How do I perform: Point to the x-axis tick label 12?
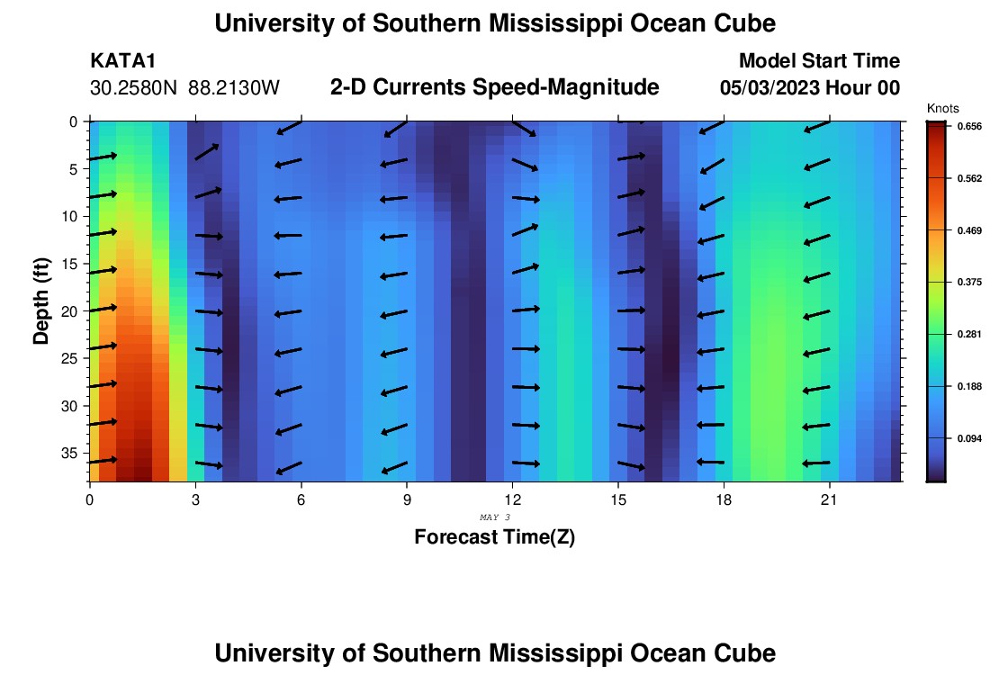click(512, 499)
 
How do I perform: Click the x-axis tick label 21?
click(829, 499)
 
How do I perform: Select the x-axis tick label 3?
click(195, 499)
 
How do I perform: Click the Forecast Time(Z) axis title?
click(494, 537)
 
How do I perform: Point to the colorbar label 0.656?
click(968, 127)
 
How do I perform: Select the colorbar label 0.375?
click(968, 283)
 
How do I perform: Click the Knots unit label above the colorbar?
click(942, 108)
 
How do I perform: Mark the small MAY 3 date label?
click(495, 517)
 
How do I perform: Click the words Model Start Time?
click(818, 61)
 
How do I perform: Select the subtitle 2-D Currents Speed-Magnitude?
click(495, 87)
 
